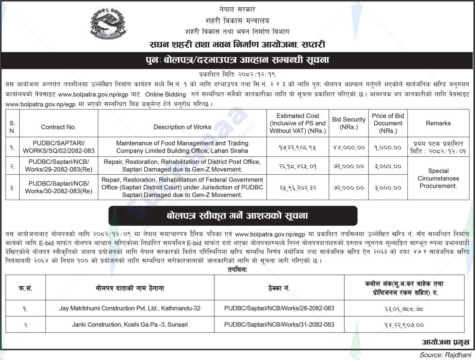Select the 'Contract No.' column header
tap(59, 127)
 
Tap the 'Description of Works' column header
tap(182, 127)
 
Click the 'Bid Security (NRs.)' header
tap(348, 123)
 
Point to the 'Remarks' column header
tap(438, 123)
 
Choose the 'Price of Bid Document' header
tap(388, 123)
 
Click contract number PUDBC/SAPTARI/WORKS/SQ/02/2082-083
tap(59, 147)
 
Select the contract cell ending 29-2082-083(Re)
tap(59, 166)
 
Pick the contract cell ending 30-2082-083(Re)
tap(59, 187)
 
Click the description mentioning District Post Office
tap(182, 166)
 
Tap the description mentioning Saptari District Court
tap(182, 187)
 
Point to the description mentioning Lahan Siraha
tap(182, 147)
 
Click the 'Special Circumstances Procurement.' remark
tap(438, 178)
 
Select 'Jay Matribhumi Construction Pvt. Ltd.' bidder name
tap(130, 309)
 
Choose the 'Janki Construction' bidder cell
tap(130, 324)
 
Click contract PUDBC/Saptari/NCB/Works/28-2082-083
tap(279, 309)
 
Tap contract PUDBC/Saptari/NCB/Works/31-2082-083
tap(279, 324)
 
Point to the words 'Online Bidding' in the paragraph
tap(166, 94)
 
